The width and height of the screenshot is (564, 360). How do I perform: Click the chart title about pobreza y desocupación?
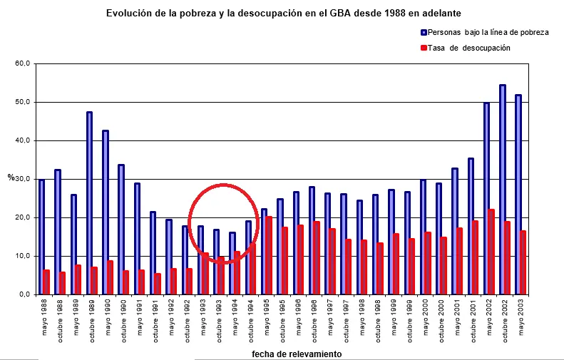283,13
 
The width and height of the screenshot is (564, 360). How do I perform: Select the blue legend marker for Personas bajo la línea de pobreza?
424,32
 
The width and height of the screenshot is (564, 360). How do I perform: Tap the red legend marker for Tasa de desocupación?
424,48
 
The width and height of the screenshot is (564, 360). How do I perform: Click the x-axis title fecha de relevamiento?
297,354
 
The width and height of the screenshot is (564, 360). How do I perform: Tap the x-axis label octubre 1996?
313,320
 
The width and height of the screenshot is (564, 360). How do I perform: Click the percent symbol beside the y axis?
11,178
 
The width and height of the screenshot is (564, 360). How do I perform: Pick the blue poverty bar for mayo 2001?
454,231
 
